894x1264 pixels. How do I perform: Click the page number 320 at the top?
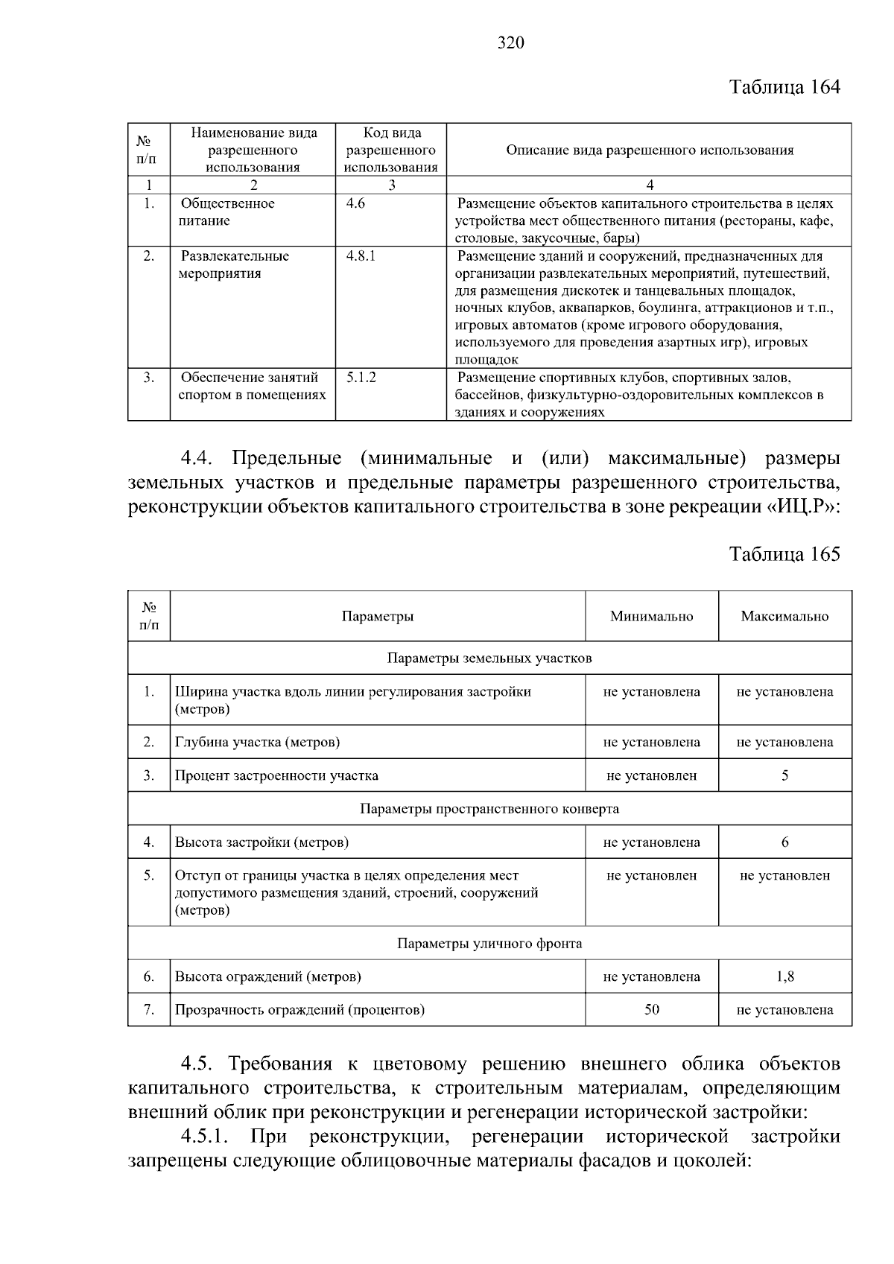coord(510,43)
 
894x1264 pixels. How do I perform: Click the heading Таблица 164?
coord(784,87)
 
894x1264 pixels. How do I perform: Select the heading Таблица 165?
coord(784,554)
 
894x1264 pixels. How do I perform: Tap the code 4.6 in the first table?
coord(355,203)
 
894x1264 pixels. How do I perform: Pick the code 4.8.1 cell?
coord(361,255)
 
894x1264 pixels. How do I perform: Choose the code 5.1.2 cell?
coord(361,378)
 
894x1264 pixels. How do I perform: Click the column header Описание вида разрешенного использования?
coord(649,150)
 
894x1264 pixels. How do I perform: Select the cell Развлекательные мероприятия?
coord(234,264)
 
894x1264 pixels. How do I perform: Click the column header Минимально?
coord(651,616)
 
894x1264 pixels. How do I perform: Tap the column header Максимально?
coord(784,616)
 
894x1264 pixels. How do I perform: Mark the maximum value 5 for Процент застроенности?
coord(784,775)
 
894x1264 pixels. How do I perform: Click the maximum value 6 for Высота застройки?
coord(784,842)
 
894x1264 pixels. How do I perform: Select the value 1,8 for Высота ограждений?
coord(784,976)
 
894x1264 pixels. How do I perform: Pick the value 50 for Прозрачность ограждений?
coord(651,1010)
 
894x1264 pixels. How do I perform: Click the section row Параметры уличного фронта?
coord(489,944)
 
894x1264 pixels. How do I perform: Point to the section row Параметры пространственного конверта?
coord(489,809)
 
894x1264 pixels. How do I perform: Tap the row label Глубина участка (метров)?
coord(257,742)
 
